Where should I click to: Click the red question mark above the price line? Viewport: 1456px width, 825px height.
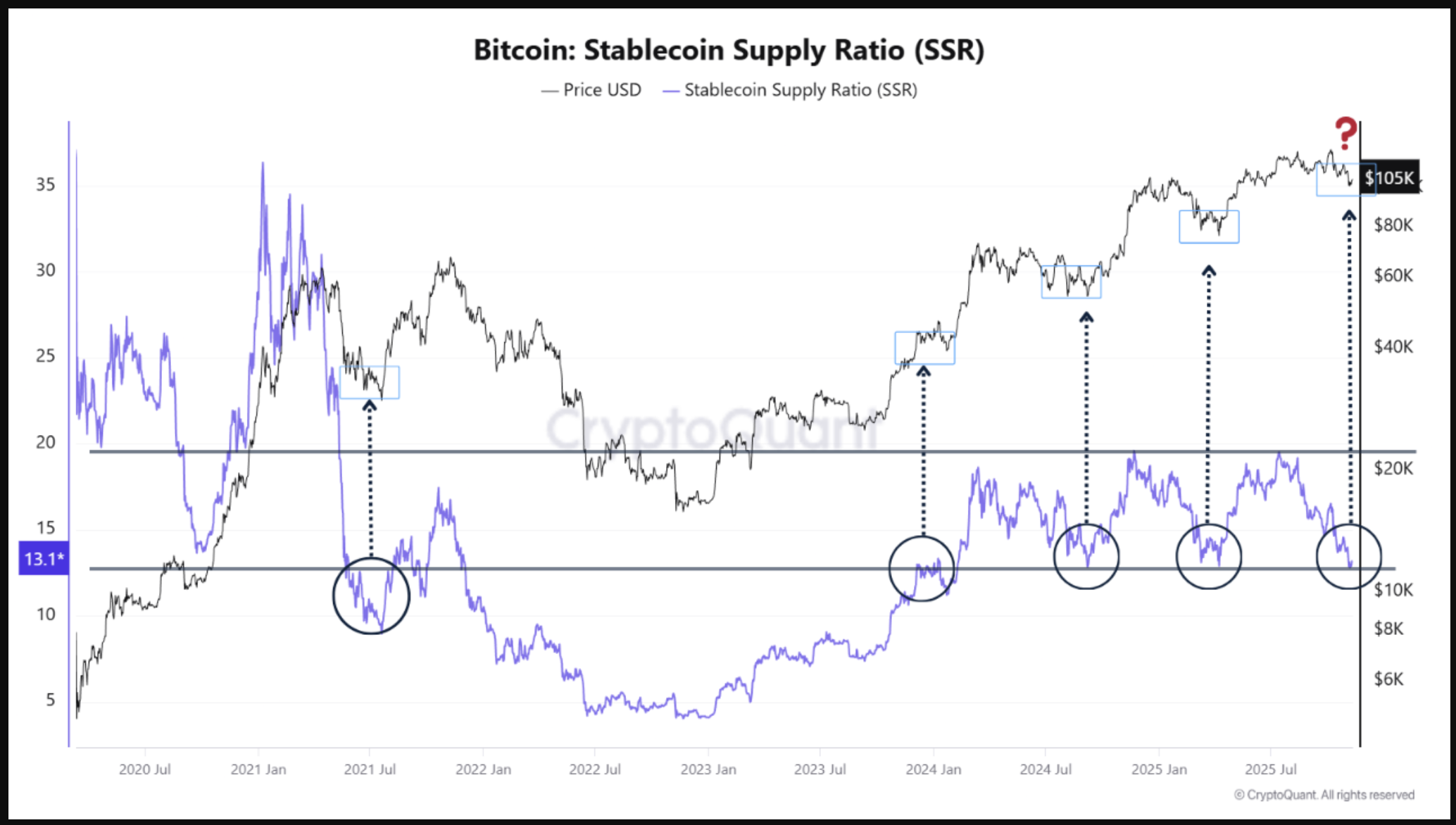tap(1345, 133)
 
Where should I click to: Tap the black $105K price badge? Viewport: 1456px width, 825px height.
tap(1389, 177)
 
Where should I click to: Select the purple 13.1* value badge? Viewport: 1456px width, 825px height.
tap(44, 559)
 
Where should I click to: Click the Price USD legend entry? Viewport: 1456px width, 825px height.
tap(591, 90)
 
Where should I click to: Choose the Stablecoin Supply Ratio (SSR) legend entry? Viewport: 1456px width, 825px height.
tap(790, 90)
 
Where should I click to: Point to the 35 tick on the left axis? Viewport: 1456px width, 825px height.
tap(46, 184)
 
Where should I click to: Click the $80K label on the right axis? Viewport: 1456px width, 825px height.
tap(1393, 225)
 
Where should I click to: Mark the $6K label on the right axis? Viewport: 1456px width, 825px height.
tap(1388, 679)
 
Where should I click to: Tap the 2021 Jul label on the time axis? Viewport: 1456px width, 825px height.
tap(370, 769)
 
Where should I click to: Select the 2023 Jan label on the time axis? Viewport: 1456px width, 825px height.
tap(708, 769)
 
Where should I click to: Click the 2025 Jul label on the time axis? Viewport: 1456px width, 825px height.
tap(1271, 769)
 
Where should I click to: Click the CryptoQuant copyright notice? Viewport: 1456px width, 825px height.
tap(1324, 795)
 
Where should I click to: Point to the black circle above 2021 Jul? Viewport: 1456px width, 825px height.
tap(371, 596)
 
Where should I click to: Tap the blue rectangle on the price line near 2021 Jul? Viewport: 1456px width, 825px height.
tap(370, 382)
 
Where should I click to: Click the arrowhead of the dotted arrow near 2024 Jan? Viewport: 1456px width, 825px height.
tap(924, 370)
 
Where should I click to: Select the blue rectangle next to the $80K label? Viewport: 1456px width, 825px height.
tap(1209, 227)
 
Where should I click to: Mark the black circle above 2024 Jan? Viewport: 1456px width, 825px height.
tap(922, 568)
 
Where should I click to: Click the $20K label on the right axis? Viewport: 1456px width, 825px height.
tap(1393, 468)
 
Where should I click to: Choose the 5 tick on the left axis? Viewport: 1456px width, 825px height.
tap(50, 700)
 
